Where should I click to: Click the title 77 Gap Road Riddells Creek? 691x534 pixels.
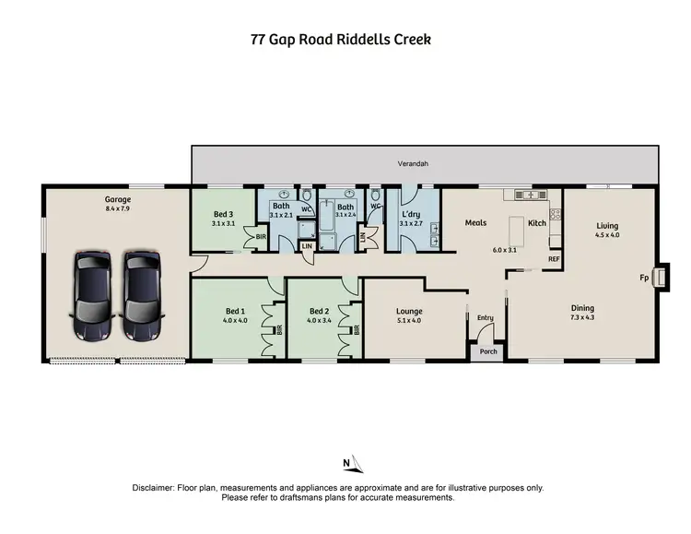[341, 40]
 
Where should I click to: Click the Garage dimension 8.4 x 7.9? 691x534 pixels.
[117, 208]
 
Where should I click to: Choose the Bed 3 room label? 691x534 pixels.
[224, 214]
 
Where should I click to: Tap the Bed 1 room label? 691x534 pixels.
[236, 311]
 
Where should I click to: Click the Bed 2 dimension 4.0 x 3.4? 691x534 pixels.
[320, 320]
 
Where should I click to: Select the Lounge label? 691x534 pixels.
[409, 311]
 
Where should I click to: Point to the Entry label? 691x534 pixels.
[484, 318]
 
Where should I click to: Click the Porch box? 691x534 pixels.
[487, 350]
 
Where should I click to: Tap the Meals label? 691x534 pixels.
[475, 222]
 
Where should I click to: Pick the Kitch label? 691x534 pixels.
[536, 222]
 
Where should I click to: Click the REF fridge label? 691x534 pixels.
[554, 259]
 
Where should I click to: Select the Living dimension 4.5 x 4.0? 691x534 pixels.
[606, 235]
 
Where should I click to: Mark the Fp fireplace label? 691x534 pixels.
[644, 277]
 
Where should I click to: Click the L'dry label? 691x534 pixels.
[410, 214]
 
